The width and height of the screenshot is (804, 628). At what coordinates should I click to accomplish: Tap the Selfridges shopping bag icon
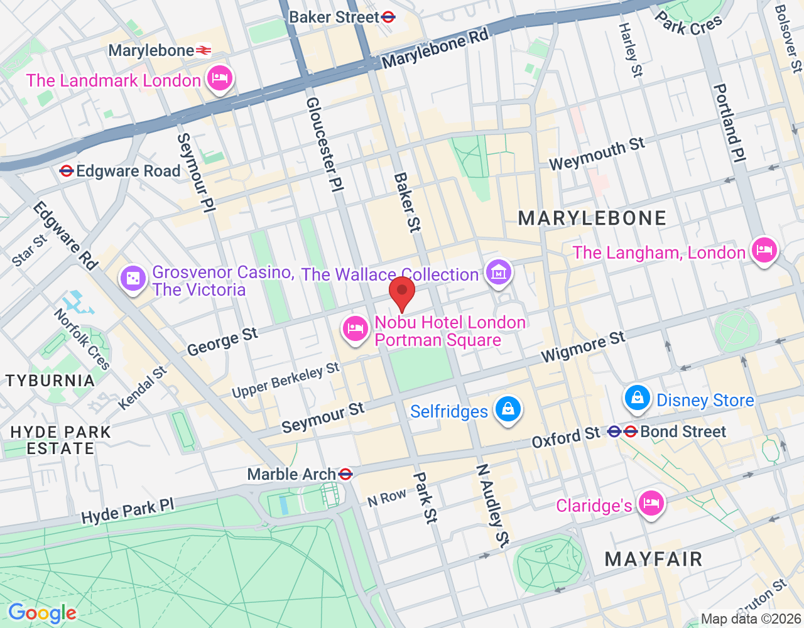tap(508, 409)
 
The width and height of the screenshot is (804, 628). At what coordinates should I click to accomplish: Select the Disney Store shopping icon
tap(638, 398)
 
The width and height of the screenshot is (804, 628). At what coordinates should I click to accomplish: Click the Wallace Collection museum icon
tap(499, 273)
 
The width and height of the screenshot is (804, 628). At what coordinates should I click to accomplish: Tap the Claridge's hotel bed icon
tap(651, 504)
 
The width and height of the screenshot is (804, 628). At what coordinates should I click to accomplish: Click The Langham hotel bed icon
tap(764, 251)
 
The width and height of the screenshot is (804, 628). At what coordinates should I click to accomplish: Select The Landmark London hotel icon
tap(219, 78)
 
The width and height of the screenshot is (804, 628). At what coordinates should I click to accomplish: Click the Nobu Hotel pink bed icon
tap(356, 328)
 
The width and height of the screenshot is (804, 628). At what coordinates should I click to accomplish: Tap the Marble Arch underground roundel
tap(345, 474)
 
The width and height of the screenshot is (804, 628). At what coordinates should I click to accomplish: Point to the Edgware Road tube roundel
tap(67, 171)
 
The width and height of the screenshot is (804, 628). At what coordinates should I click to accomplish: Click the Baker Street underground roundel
tap(389, 17)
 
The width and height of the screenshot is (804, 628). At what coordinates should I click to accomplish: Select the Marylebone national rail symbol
tap(204, 50)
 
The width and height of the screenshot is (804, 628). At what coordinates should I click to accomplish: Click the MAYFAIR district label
tap(653, 559)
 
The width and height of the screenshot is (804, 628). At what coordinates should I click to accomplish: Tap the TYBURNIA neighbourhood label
tap(50, 381)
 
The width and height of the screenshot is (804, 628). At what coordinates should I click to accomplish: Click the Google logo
tap(42, 613)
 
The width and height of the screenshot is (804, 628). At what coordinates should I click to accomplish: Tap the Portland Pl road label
tap(729, 123)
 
